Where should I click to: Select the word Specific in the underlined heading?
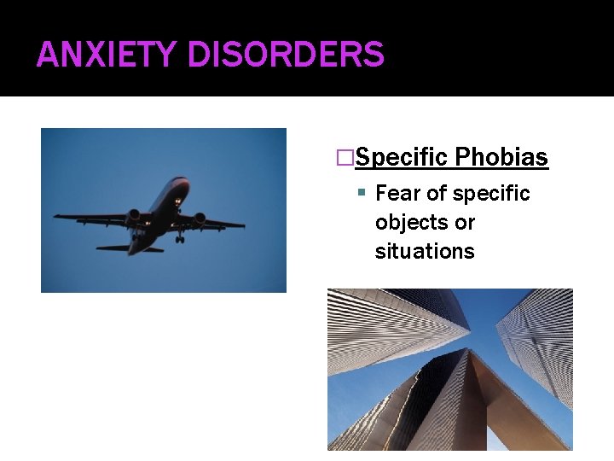click(x=401, y=158)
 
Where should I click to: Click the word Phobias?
click(x=501, y=158)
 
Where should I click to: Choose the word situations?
click(x=425, y=252)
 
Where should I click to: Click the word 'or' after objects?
click(x=465, y=223)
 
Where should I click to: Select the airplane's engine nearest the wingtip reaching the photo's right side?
click(x=200, y=219)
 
